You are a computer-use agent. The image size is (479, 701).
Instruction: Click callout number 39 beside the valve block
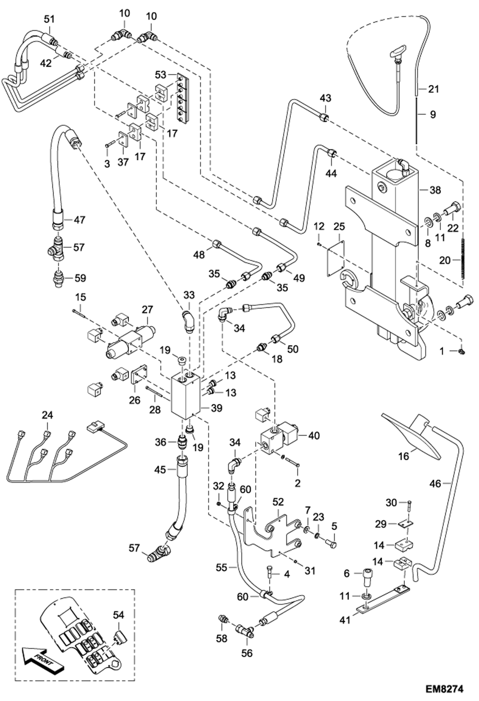[216, 408]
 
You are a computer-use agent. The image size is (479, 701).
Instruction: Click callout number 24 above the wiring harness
[48, 415]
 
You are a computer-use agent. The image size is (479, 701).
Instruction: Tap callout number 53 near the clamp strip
[161, 75]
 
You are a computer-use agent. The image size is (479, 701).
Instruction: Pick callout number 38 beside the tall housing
[435, 190]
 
